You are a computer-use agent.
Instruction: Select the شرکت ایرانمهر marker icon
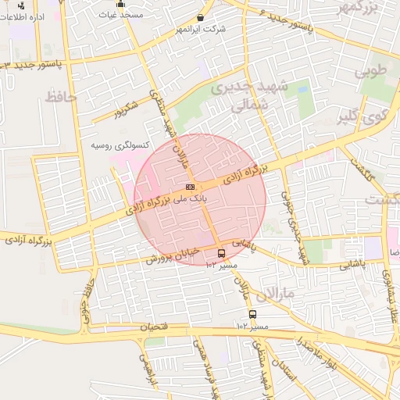[201, 17]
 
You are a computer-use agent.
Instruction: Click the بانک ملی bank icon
[190, 187]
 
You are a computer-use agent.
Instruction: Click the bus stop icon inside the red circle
[221, 253]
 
